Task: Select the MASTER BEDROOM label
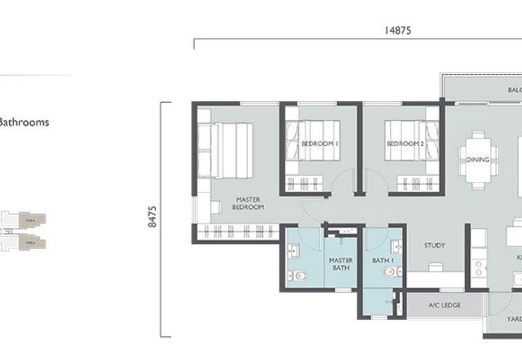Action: (x=249, y=203)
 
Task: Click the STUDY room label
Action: (x=435, y=245)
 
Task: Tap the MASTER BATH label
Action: (x=341, y=263)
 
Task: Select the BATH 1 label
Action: (x=380, y=260)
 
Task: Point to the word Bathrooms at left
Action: (x=24, y=122)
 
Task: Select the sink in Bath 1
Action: (x=396, y=247)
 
